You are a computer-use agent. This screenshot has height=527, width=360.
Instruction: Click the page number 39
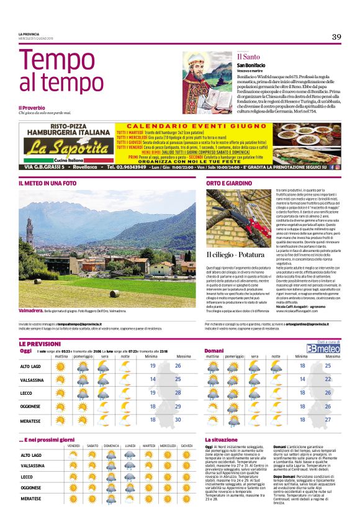pyautogui.click(x=336, y=37)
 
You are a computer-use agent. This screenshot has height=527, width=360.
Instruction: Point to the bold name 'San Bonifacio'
pyautogui.click(x=251, y=65)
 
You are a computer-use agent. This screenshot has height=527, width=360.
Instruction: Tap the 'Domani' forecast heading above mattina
pyautogui.click(x=214, y=351)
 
